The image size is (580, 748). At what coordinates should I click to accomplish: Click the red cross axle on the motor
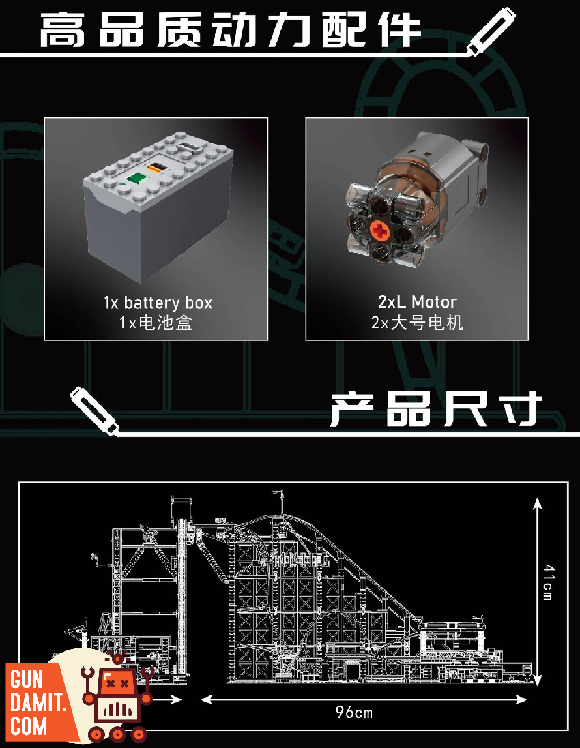[381, 231]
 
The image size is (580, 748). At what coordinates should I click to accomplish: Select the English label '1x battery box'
[158, 303]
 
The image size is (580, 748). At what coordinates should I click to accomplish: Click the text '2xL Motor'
[417, 301]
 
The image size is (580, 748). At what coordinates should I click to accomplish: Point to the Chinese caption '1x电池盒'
[156, 323]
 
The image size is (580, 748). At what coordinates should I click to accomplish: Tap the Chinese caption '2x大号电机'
[417, 323]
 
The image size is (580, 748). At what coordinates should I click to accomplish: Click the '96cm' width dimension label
[353, 713]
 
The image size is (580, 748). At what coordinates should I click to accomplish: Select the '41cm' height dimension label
[549, 582]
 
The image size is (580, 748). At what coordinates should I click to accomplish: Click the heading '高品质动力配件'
[230, 30]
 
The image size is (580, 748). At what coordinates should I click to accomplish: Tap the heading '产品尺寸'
[436, 409]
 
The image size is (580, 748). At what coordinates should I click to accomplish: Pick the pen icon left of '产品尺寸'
[95, 410]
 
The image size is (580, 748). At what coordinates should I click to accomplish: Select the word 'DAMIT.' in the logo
[38, 703]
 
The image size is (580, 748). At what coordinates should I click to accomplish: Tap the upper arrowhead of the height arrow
[538, 504]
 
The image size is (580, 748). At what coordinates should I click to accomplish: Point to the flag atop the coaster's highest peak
[277, 493]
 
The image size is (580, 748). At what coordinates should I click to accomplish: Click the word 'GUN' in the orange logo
[27, 679]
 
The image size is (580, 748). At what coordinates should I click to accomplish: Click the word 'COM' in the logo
[28, 727]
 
